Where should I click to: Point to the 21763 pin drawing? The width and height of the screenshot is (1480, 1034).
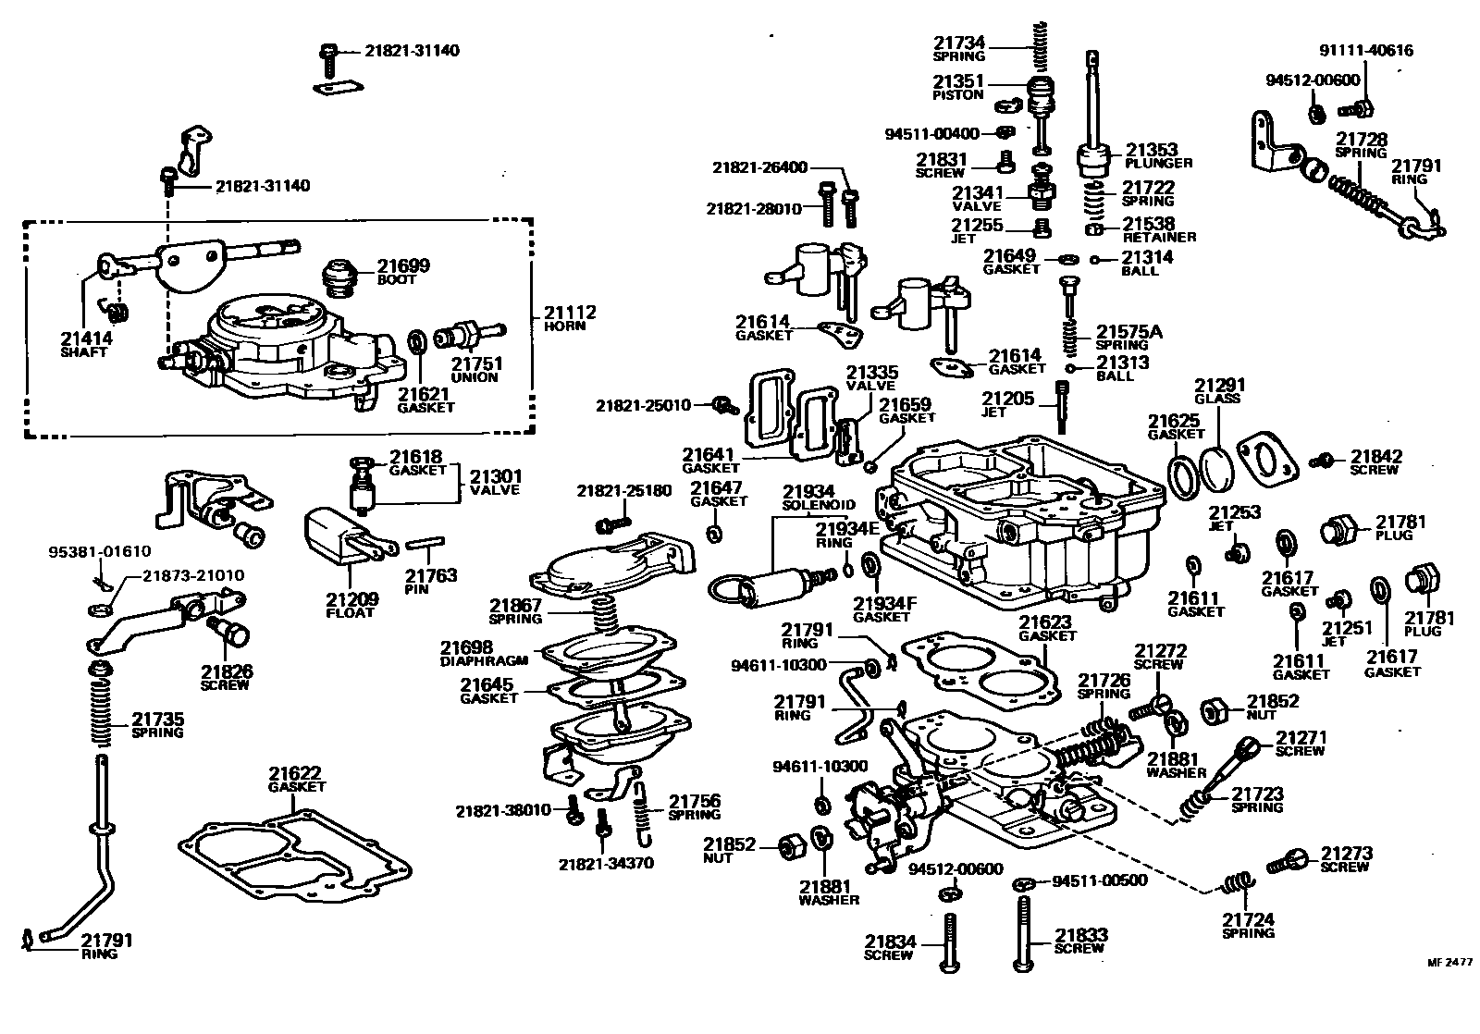[x=430, y=542]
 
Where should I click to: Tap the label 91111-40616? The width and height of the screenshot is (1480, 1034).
[x=1365, y=51]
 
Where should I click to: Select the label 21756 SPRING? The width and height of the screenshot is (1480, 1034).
[x=694, y=806]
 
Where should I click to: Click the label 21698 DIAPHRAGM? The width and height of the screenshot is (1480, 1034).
[x=483, y=653]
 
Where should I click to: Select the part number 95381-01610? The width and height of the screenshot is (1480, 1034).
[x=99, y=552]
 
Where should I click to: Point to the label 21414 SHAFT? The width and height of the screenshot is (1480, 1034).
[x=86, y=344]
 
